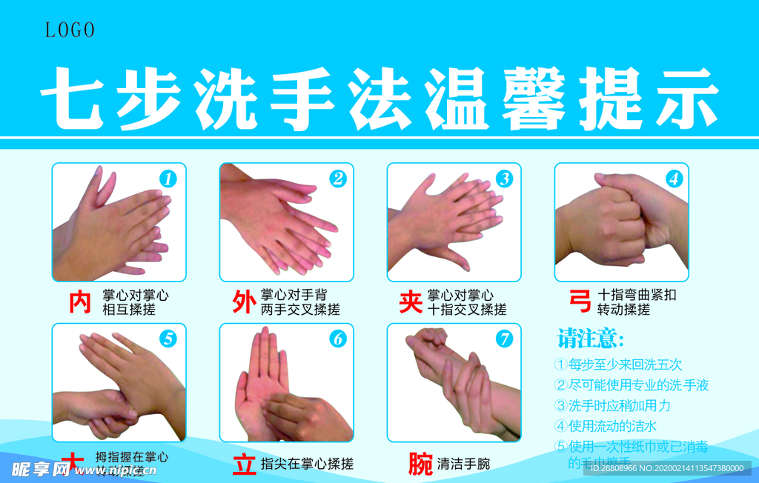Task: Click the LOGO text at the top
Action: (70, 30)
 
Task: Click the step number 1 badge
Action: (169, 179)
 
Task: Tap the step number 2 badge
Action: (338, 179)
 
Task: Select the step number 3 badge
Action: (505, 179)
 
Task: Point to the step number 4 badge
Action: (674, 179)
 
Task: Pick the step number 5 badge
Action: (169, 339)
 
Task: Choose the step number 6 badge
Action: (338, 339)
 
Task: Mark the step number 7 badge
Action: (505, 339)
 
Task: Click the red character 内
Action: (80, 302)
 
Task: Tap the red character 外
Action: (244, 302)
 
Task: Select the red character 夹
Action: (411, 302)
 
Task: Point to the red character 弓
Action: (579, 302)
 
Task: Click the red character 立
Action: (244, 464)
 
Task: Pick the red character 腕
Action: (420, 464)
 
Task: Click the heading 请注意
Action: (591, 340)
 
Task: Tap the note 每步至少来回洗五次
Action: (619, 364)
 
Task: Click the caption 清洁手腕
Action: (463, 464)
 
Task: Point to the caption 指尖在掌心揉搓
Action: (307, 464)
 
